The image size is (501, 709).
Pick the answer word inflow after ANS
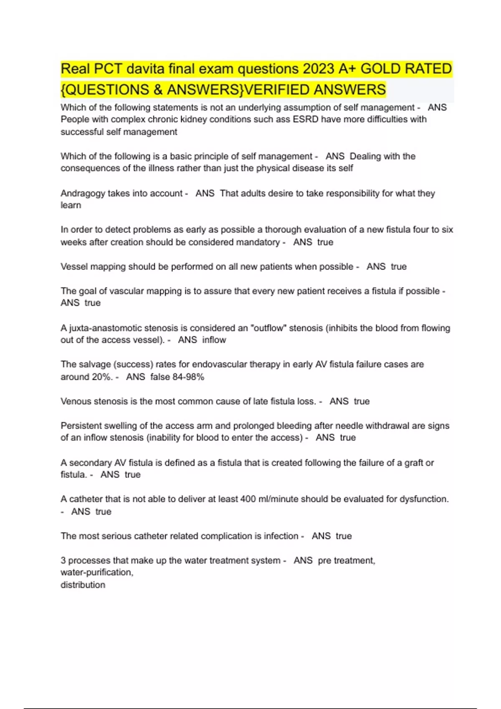click(x=214, y=340)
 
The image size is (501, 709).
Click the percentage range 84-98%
click(x=188, y=377)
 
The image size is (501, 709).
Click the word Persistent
click(x=81, y=426)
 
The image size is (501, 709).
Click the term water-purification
click(x=96, y=573)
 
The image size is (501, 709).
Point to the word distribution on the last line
click(x=83, y=585)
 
